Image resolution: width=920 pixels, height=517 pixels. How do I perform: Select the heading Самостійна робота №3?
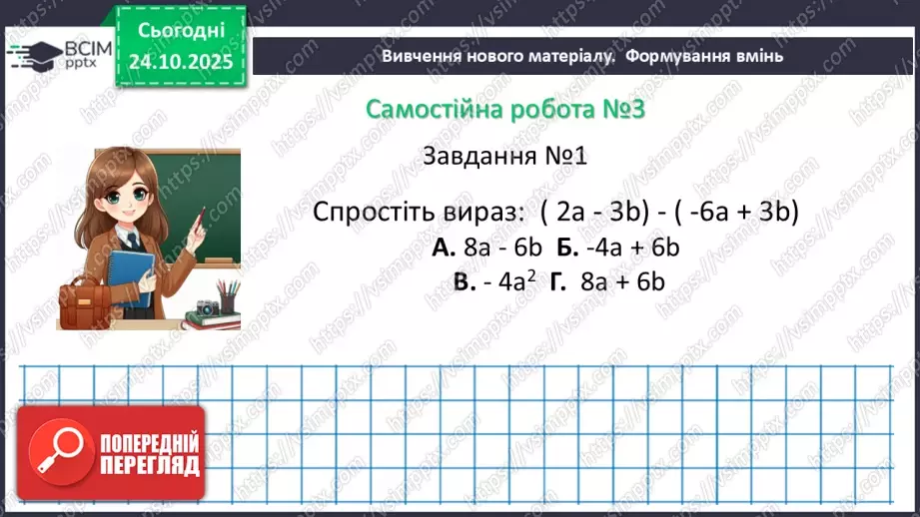[x=505, y=109]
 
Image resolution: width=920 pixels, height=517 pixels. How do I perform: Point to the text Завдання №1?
[x=507, y=157]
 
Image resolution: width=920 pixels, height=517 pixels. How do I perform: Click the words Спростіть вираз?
[x=418, y=213]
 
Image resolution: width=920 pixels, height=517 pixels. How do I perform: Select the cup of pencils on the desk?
[x=229, y=296]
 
